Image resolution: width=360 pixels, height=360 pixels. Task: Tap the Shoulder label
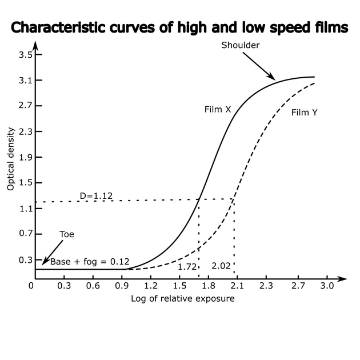pyautogui.click(x=241, y=45)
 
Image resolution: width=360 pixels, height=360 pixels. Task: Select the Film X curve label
pyautogui.click(x=218, y=109)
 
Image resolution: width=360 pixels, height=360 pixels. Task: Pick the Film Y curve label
pyautogui.click(x=305, y=113)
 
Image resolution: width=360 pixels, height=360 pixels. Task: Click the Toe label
pyautogui.click(x=67, y=234)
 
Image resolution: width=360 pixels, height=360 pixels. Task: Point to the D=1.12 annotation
pyautogui.click(x=96, y=196)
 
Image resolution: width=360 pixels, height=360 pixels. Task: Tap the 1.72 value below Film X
pyautogui.click(x=187, y=266)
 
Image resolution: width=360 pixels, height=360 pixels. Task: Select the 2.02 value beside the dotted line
pyautogui.click(x=221, y=266)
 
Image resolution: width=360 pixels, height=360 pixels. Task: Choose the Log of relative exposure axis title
pyautogui.click(x=183, y=298)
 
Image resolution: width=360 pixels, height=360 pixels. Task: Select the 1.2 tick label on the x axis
pyautogui.click(x=151, y=285)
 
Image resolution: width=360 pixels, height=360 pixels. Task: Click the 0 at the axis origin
pyautogui.click(x=31, y=285)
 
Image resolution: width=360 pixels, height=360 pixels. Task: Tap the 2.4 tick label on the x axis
pyautogui.click(x=265, y=285)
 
